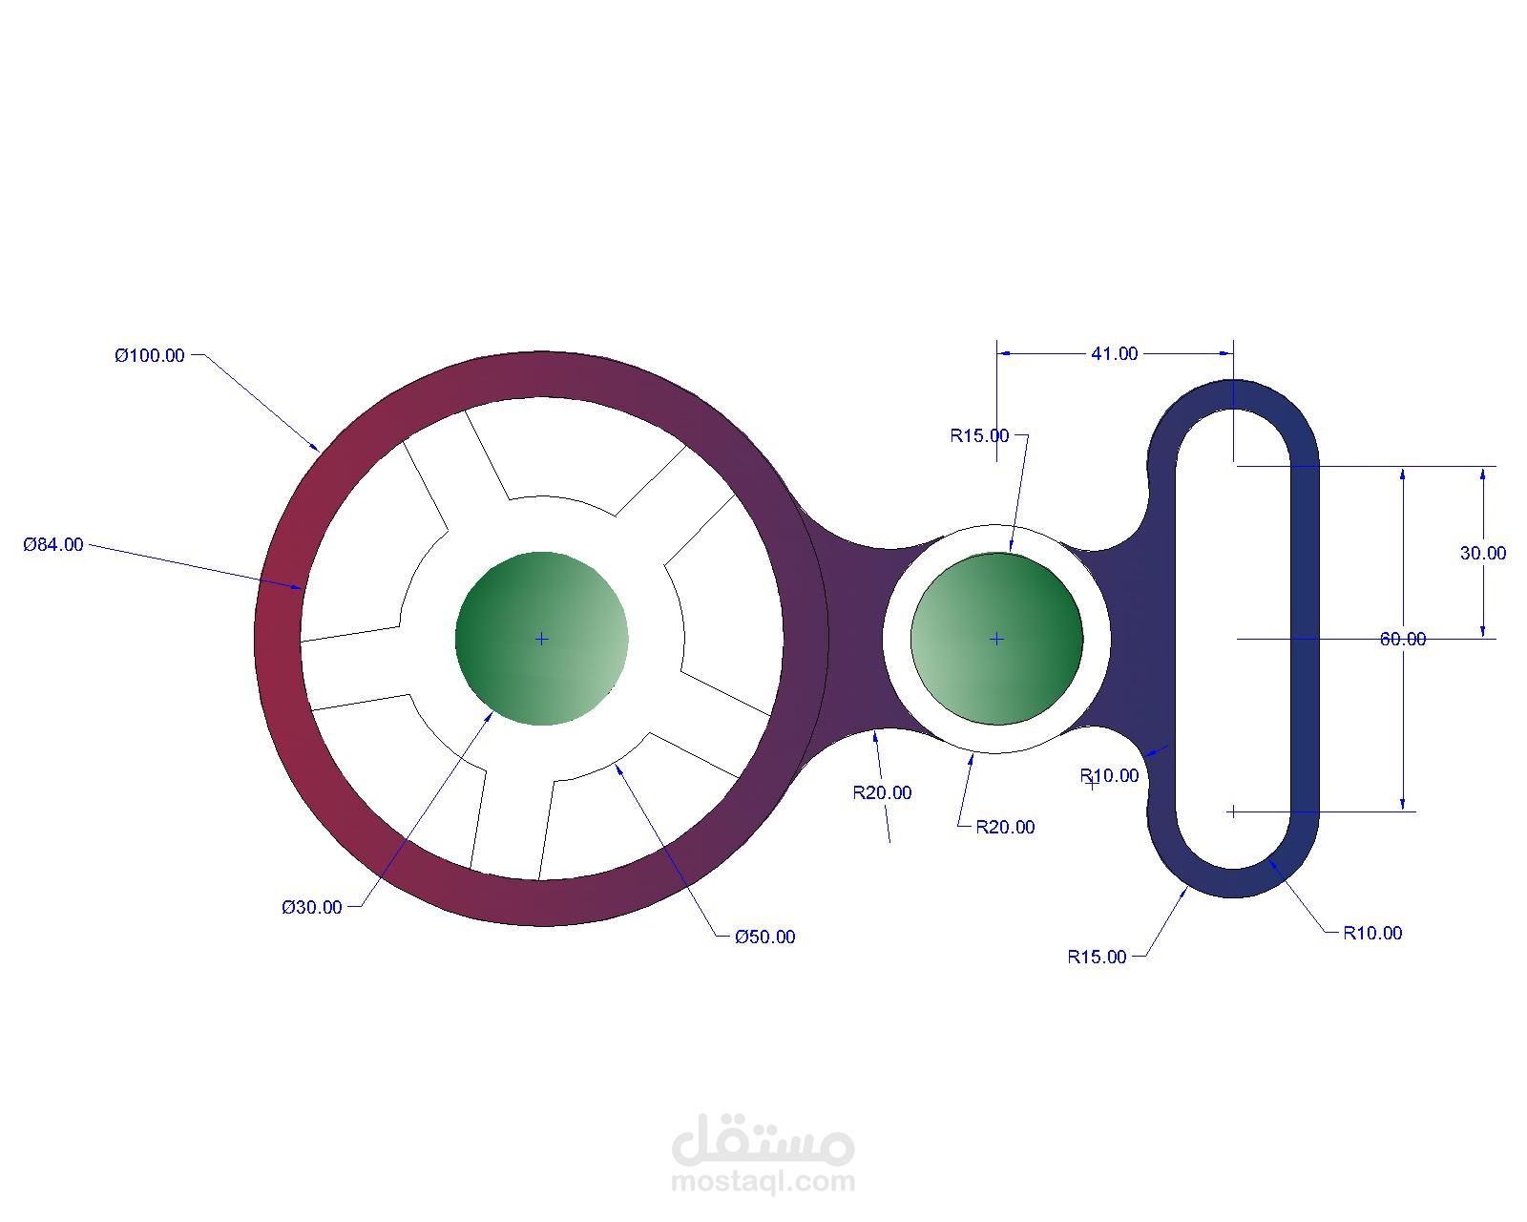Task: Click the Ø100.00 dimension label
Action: pos(150,356)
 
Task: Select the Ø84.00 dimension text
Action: pos(53,545)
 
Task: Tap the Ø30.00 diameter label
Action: pos(311,908)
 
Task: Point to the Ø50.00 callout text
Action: pos(764,938)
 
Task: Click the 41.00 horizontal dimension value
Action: pos(1114,354)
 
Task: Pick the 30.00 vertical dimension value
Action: pos(1482,554)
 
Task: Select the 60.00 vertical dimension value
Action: pos(1402,640)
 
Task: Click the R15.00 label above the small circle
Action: pos(979,436)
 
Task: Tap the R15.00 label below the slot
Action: pos(1097,958)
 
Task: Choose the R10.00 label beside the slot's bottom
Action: pos(1372,934)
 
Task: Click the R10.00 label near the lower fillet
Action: pos(1110,776)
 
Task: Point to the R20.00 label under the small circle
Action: pos(1005,828)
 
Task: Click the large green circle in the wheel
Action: pos(541,639)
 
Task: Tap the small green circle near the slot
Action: pos(996,639)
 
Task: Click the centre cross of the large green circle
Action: pos(541,639)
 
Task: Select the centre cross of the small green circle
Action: pos(996,639)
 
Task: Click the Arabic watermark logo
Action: pos(763,1140)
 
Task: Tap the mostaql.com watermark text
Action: pos(763,1183)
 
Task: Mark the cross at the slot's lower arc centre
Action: pos(1233,811)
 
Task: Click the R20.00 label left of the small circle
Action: pos(882,793)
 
